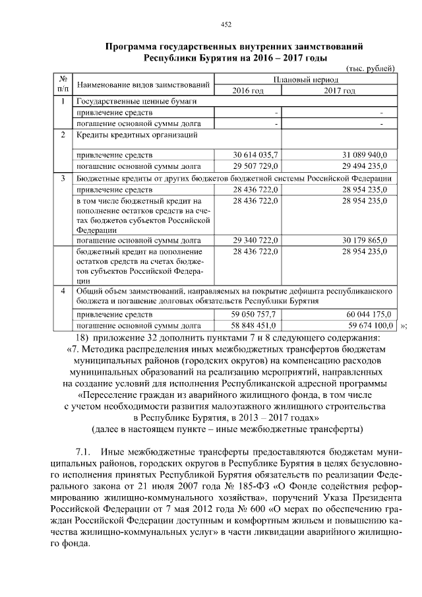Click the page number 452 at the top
pyautogui.click(x=226, y=24)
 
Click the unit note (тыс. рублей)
pyautogui.click(x=371, y=68)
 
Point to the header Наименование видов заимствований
pyautogui.click(x=143, y=85)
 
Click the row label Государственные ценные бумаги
pyautogui.click(x=136, y=102)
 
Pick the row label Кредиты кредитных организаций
pyautogui.click(x=138, y=135)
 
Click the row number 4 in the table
pyautogui.click(x=62, y=291)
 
